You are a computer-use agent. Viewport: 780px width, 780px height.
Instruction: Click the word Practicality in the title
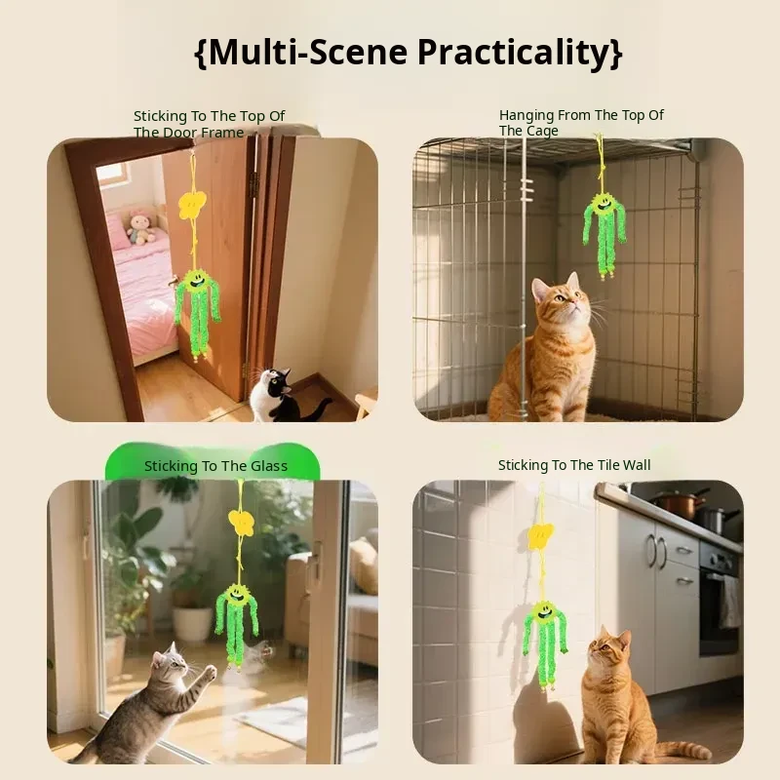(x=514, y=52)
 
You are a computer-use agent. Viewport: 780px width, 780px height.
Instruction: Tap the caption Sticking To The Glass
(x=215, y=466)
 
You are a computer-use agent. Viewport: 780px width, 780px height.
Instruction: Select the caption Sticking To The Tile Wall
(x=574, y=465)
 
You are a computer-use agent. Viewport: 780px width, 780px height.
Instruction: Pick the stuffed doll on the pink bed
(x=140, y=227)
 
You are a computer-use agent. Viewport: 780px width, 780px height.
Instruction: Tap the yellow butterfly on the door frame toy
(x=192, y=205)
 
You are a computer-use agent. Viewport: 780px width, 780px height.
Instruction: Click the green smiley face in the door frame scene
(x=193, y=281)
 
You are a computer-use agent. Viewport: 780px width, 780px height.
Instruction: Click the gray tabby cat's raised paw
(x=210, y=672)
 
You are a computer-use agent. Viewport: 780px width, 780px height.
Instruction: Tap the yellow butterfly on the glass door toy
(x=242, y=522)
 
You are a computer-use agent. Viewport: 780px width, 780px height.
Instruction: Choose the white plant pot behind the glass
(x=193, y=622)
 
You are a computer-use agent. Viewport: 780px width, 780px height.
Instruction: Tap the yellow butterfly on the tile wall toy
(x=541, y=535)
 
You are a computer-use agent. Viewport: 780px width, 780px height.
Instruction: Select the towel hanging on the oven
(x=728, y=602)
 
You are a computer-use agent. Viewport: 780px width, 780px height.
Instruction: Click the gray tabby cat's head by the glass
(x=168, y=662)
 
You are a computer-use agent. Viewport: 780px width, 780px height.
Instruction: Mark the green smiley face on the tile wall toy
(x=544, y=614)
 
